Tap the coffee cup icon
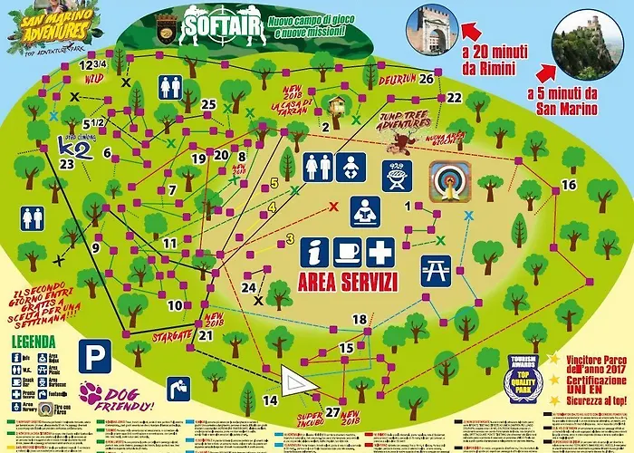[347, 250]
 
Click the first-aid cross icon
[380, 250]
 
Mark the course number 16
[569, 185]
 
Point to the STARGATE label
[174, 334]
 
